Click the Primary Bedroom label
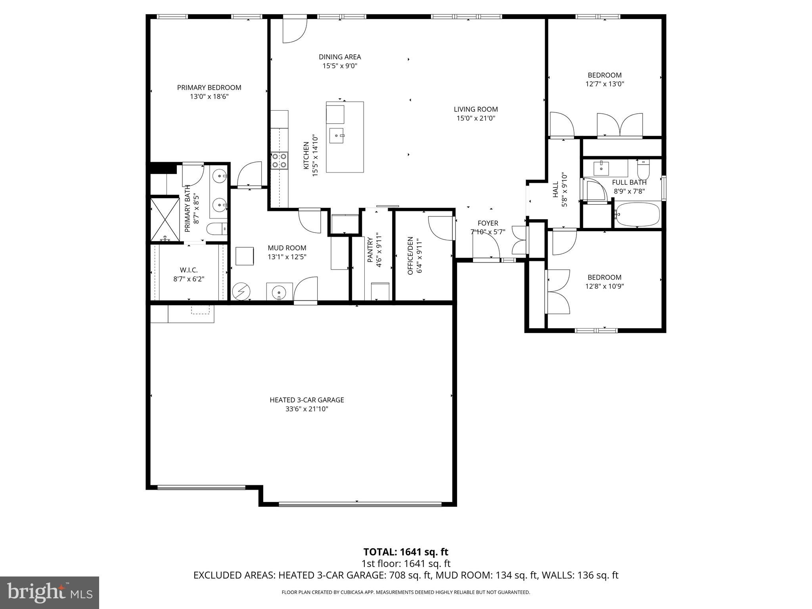pos(209,88)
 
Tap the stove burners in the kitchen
pos(279,161)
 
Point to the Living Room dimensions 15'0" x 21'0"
pos(476,118)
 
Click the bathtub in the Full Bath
pos(637,214)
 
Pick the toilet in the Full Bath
pos(643,170)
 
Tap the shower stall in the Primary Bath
pos(165,219)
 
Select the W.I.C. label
pos(189,270)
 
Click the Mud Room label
pos(287,248)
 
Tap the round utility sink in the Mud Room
pos(279,292)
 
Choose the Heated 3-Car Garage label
pos(306,400)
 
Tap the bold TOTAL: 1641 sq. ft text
pos(406,552)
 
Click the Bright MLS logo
pos(50,592)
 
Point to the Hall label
pos(555,190)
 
